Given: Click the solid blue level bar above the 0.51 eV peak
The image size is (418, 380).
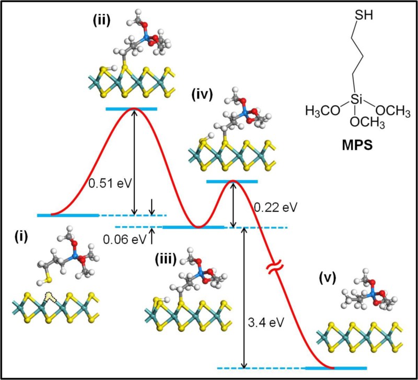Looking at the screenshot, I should (131, 108).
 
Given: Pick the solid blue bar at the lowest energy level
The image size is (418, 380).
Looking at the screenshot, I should (336, 367).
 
